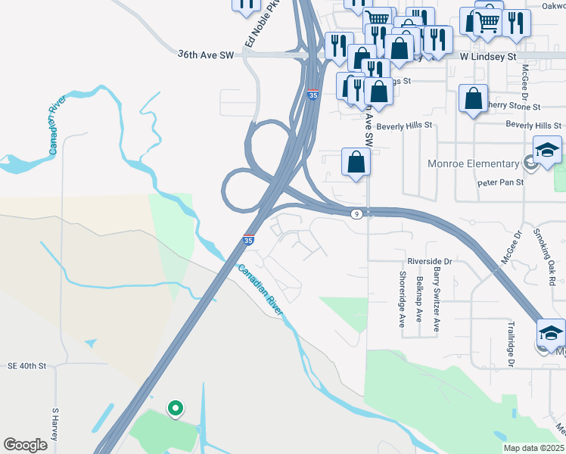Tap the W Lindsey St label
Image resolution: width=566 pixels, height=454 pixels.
(489, 57)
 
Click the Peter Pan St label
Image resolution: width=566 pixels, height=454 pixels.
(500, 183)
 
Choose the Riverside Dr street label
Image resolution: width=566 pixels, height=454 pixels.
(429, 261)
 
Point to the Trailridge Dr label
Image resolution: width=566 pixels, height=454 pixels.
(512, 343)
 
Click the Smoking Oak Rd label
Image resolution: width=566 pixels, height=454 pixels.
(549, 257)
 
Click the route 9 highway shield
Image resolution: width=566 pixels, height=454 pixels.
(356, 214)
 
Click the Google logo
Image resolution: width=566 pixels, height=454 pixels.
(26, 445)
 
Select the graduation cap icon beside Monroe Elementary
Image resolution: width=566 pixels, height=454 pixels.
(547, 150)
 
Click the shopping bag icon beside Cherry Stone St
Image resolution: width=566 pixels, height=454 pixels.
(473, 98)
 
